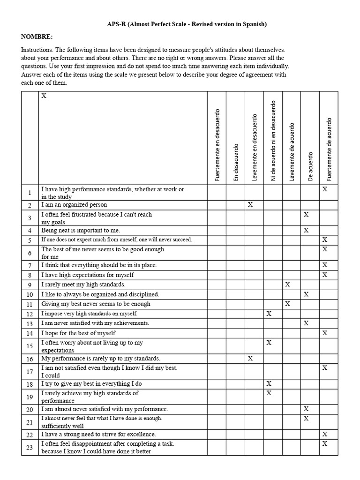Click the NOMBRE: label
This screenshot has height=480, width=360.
click(37, 37)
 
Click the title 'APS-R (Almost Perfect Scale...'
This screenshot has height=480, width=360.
click(180, 24)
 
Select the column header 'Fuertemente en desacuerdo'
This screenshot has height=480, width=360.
click(217, 145)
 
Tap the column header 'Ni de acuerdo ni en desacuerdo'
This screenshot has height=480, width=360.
click(273, 141)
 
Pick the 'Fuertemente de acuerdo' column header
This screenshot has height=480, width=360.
click(329, 149)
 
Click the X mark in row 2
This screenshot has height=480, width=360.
click(250, 205)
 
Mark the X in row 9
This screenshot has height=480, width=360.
click(287, 285)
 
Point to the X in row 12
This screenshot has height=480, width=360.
click(269, 313)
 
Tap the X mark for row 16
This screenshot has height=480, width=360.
click(250, 358)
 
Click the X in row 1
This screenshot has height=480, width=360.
click(324, 189)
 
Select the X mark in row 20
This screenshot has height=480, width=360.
click(306, 409)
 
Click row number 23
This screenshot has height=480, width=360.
click(30, 447)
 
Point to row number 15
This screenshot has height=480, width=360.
click(30, 346)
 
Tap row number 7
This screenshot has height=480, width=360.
click(30, 265)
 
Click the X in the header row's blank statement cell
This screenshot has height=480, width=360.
click(44, 96)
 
